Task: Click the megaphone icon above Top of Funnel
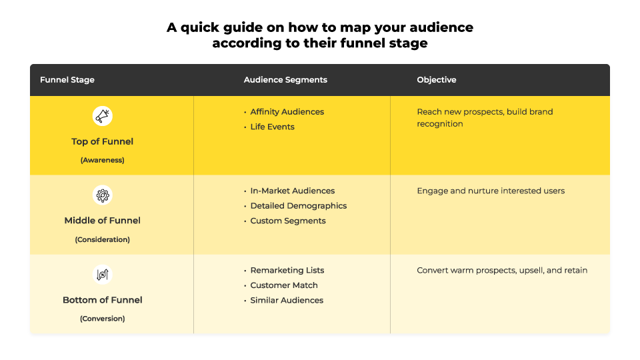[103, 116]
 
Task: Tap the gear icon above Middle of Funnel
[103, 195]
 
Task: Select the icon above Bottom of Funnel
[103, 274]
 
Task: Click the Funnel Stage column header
[67, 80]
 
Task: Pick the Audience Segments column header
[285, 80]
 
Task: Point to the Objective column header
[436, 80]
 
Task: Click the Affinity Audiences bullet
[287, 112]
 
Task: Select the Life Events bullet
[272, 127]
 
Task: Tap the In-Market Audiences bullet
[292, 191]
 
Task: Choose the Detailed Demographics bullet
[299, 206]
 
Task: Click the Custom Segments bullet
[288, 221]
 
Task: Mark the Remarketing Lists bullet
[287, 270]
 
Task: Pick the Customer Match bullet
[284, 285]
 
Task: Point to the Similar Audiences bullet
[287, 301]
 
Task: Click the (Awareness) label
[103, 160]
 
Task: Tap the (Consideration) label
[103, 239]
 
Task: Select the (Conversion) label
[103, 319]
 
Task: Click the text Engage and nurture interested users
[491, 191]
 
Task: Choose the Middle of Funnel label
[103, 221]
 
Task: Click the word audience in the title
[441, 27]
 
